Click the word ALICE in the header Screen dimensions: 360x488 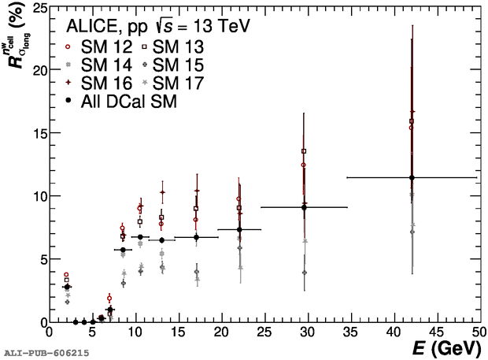pos(93,26)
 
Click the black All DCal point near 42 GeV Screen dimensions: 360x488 pos(412,178)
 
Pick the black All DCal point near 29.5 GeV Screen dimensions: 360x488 pos(304,207)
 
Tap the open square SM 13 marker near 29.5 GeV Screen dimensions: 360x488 pos(304,150)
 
